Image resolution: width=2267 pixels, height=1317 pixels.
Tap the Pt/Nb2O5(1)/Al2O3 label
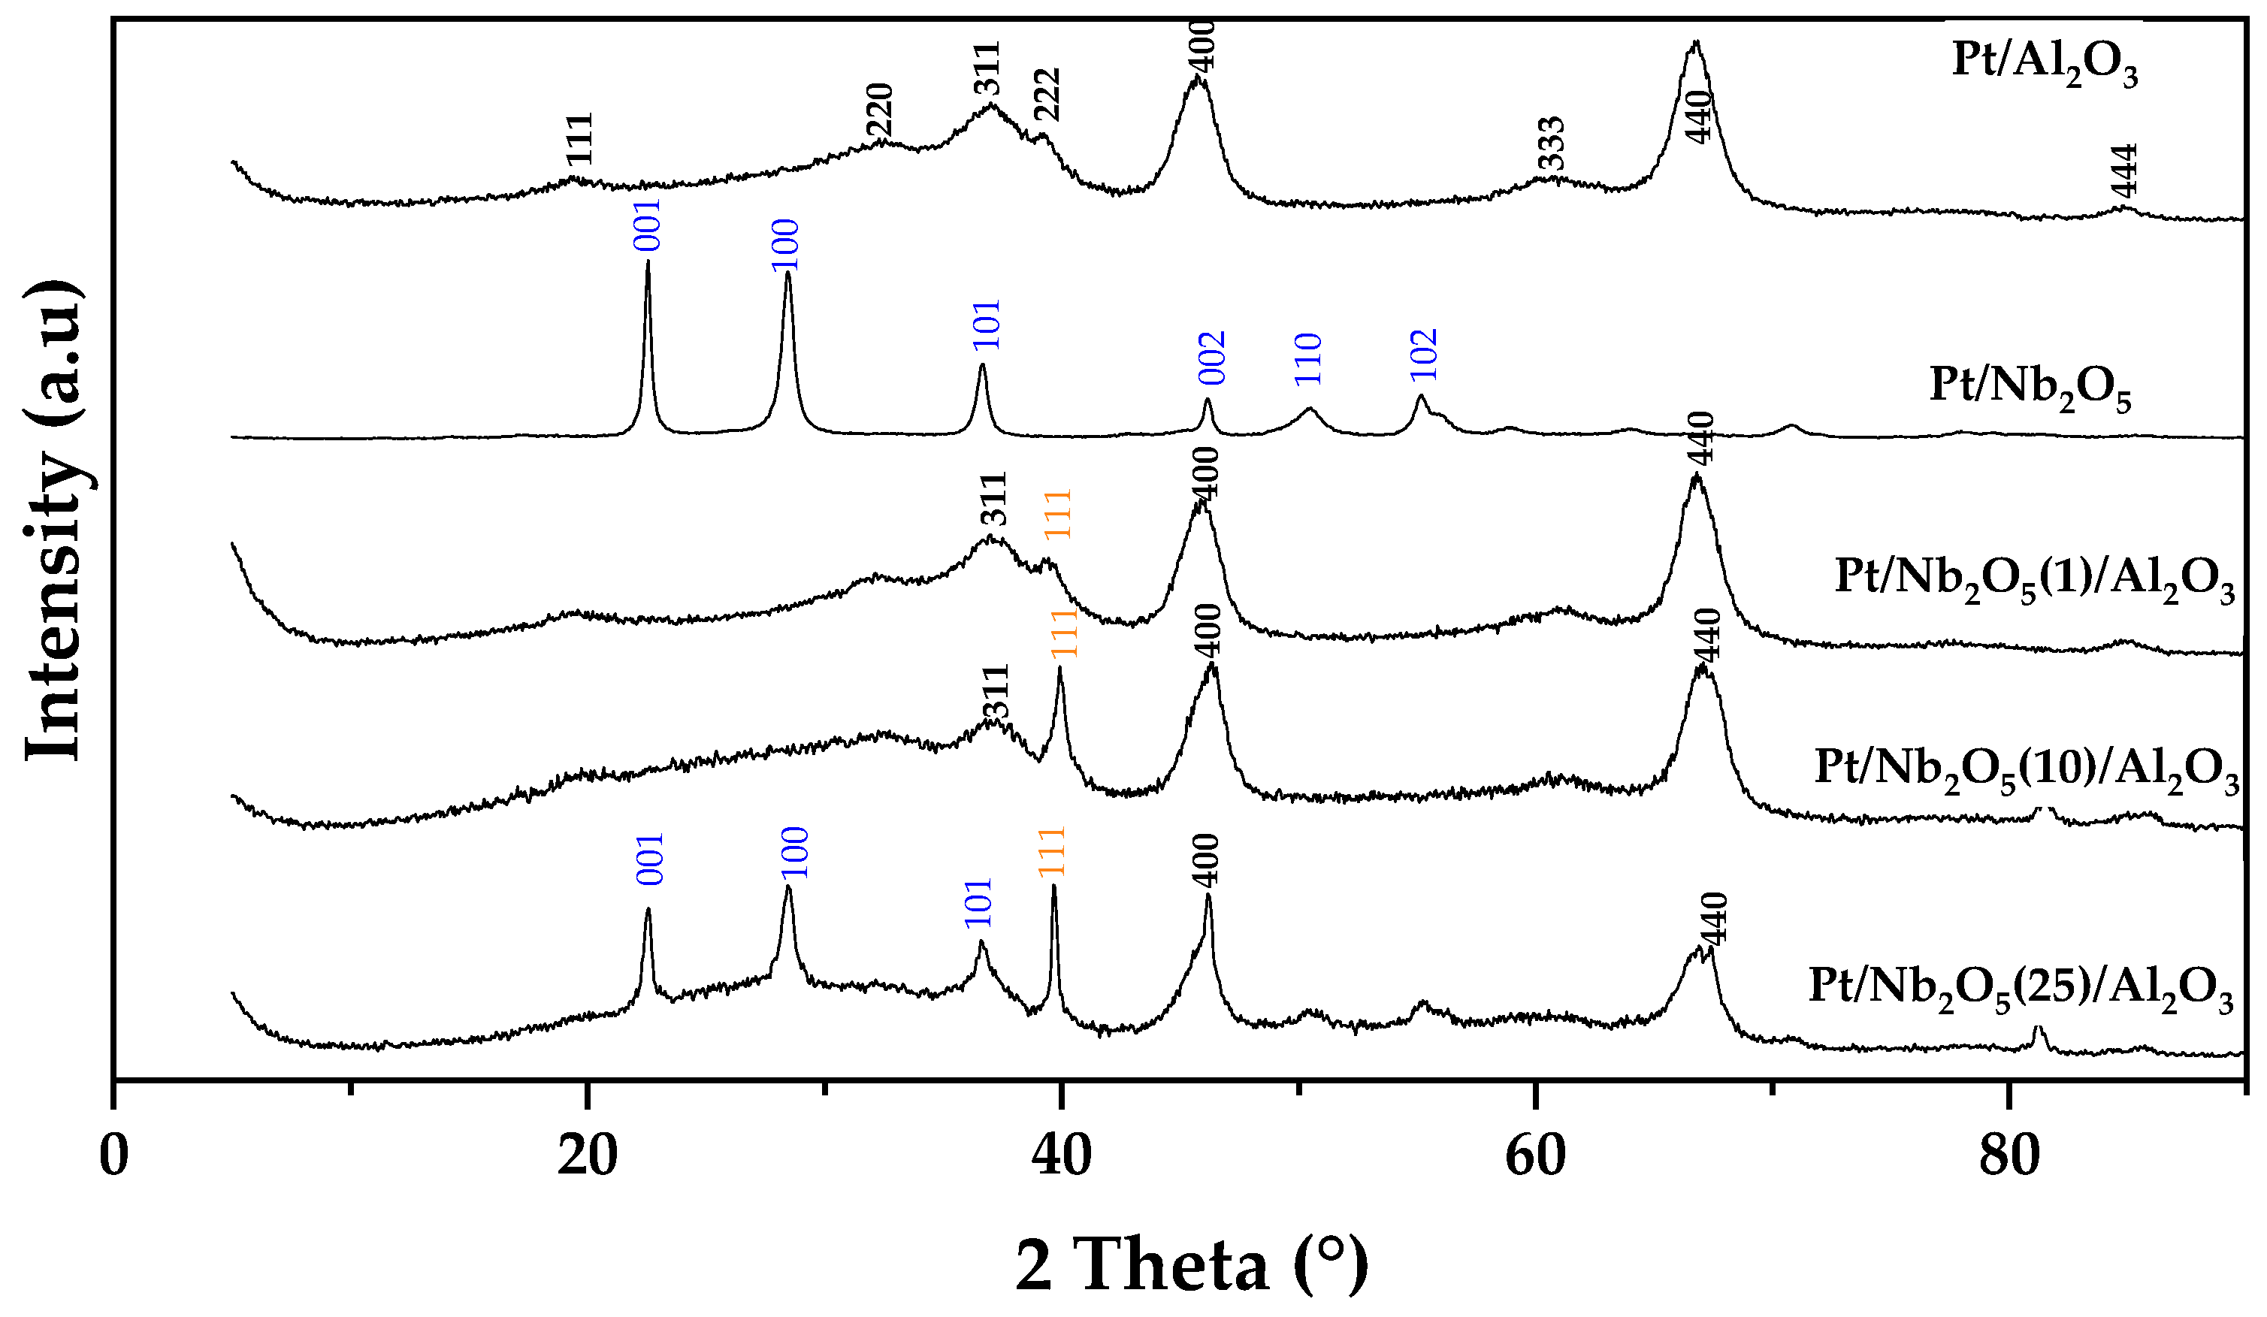(2033, 578)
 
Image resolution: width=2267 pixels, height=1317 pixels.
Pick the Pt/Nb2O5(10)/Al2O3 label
(2026, 770)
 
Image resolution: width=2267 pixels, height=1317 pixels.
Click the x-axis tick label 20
(587, 1157)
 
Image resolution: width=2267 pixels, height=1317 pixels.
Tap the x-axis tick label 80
(2008, 1157)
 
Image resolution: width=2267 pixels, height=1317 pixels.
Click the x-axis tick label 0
(113, 1157)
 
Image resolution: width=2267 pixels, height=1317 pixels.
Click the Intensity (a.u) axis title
(54, 521)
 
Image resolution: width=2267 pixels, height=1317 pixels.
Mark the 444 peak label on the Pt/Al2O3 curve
(2124, 171)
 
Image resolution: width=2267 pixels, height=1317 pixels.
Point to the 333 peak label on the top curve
(1552, 144)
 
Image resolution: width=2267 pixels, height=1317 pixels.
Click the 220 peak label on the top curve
(879, 110)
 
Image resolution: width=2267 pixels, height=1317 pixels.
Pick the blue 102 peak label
(1424, 355)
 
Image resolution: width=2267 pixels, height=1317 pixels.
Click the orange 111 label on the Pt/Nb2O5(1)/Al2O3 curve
(1058, 514)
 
